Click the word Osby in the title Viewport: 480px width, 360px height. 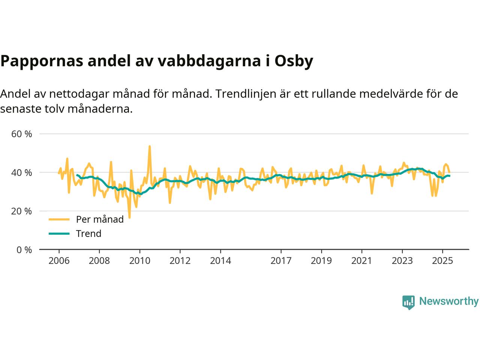click(294, 61)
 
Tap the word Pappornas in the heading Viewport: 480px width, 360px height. click(41, 61)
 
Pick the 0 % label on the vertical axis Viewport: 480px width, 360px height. click(24, 250)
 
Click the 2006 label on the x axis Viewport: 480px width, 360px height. click(59, 260)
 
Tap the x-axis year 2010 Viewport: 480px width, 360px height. click(139, 260)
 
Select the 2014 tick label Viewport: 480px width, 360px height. click(220, 260)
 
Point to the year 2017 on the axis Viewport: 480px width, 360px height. click(281, 260)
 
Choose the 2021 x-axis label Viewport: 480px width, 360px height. click(361, 260)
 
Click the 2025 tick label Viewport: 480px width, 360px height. click(442, 260)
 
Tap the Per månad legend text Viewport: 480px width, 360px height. click(100, 219)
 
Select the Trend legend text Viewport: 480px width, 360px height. click(88, 234)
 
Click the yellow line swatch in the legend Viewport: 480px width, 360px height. click(59, 219)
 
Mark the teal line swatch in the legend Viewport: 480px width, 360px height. click(59, 234)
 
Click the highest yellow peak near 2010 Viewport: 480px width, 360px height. click(150, 146)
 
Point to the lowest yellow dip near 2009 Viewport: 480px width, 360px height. click(129, 217)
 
